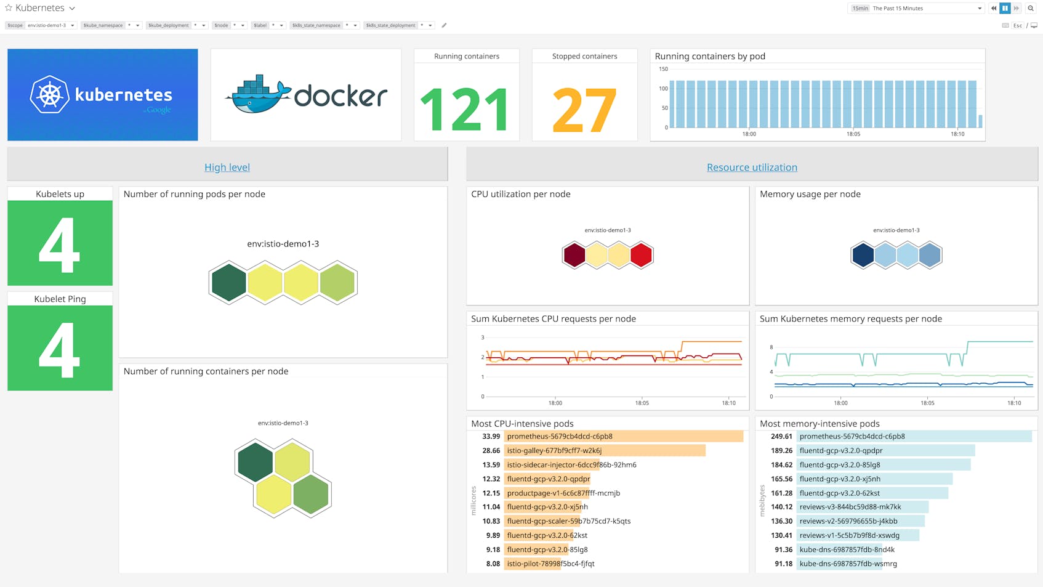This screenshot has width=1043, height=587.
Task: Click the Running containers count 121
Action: click(465, 110)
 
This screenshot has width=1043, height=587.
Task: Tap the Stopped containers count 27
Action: click(584, 110)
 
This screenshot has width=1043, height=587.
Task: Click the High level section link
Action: click(227, 168)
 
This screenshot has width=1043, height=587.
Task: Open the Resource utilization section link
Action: click(751, 168)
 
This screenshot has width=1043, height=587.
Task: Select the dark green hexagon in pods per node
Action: click(229, 283)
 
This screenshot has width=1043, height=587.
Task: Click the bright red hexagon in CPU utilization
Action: click(641, 255)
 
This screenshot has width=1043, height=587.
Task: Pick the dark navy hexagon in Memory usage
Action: click(863, 255)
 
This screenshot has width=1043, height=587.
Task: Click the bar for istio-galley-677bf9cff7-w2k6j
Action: click(603, 451)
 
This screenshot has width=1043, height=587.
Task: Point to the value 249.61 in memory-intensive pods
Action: click(781, 436)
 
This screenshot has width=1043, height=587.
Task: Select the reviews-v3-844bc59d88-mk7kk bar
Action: click(862, 507)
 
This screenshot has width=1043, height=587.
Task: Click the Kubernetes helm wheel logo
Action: click(50, 95)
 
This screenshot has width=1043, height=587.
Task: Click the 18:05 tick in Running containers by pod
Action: click(853, 134)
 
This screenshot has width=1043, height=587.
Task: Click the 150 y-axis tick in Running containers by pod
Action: click(663, 69)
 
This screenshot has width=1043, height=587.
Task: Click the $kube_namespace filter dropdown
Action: click(111, 25)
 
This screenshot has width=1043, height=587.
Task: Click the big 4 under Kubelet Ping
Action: click(60, 349)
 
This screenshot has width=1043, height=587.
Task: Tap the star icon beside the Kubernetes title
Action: click(9, 8)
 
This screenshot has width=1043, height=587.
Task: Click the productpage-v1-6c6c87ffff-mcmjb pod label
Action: click(563, 493)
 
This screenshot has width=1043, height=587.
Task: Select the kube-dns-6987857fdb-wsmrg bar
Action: click(839, 564)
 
